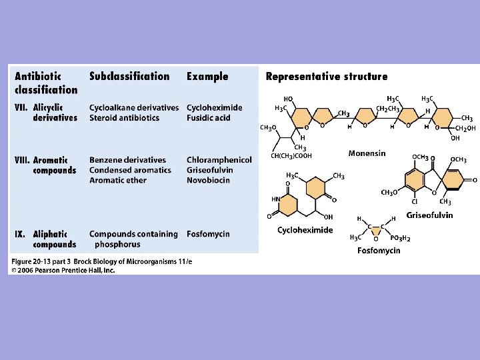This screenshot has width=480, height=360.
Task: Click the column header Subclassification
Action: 129,77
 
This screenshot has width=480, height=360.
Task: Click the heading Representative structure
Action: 326,77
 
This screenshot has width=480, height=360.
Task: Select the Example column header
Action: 207,77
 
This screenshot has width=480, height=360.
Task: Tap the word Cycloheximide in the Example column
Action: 214,108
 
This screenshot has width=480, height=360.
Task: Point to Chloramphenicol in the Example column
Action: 219,160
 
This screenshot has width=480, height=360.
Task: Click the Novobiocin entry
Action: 208,180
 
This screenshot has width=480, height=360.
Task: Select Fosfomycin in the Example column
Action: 208,234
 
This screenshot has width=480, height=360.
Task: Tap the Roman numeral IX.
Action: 21,234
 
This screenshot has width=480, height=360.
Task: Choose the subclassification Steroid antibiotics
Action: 124,118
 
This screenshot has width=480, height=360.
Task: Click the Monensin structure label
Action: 367,153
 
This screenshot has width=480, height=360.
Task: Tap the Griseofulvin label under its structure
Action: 429,215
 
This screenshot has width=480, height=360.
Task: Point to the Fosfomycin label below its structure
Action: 379,250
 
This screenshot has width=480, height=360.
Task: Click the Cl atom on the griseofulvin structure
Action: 414,202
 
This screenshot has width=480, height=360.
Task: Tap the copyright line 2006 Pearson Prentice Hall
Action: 64,270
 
